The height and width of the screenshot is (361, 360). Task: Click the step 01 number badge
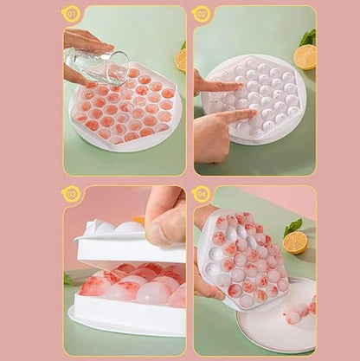pyautogui.click(x=71, y=13)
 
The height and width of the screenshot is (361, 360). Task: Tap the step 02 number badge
pyautogui.click(x=202, y=13)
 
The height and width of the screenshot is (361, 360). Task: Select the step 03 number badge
pyautogui.click(x=71, y=193)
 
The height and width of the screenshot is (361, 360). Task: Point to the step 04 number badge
pyautogui.click(x=202, y=193)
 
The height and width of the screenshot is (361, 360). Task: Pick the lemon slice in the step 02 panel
pyautogui.click(x=304, y=57)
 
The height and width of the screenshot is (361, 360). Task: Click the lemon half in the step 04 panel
pyautogui.click(x=295, y=242)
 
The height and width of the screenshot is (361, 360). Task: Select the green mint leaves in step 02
pyautogui.click(x=307, y=37)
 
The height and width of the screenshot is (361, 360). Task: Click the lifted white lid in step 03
pyautogui.click(x=130, y=247)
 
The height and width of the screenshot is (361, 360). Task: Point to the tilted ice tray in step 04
pyautogui.click(x=242, y=260)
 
